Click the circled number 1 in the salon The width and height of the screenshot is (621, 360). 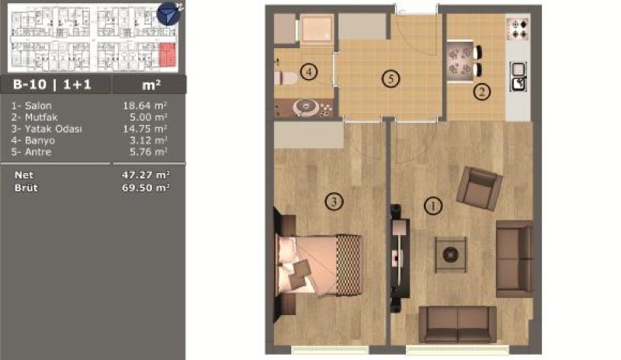433,206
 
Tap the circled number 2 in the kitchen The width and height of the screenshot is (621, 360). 482,92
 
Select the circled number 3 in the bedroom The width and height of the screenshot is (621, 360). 334,202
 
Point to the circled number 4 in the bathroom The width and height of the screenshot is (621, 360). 309,72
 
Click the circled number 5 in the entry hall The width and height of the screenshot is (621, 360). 391,79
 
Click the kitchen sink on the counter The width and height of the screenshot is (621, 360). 518,77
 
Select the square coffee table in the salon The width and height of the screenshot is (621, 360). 450,254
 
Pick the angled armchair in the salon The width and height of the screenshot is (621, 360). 480,188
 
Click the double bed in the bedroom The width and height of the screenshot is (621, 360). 319,265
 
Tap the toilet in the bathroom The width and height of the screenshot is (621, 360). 285,78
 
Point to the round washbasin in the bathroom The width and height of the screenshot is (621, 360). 306,107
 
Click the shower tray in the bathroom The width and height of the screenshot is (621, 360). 316,28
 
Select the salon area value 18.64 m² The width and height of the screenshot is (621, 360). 145,106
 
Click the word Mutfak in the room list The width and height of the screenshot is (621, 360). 41,117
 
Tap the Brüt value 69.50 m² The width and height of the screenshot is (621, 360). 146,187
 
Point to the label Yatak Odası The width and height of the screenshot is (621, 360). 54,129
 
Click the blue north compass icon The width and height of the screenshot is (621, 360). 168,14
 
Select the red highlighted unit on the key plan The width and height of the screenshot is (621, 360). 167,54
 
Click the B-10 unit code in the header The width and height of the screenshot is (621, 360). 29,85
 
